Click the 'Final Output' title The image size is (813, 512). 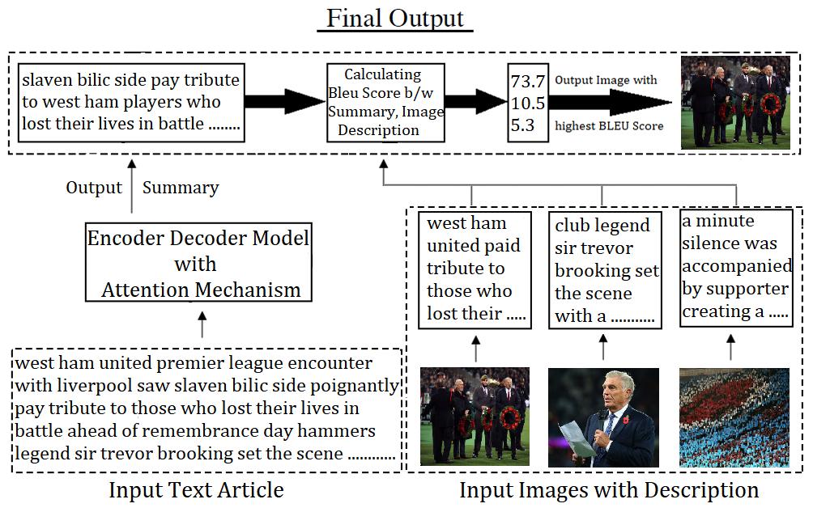click(x=395, y=18)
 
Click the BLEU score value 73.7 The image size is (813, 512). click(x=528, y=83)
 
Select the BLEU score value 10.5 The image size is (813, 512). click(x=528, y=104)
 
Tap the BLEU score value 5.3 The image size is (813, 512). click(x=522, y=125)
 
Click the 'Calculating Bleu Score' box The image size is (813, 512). click(x=385, y=102)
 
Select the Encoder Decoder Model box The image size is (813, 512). click(x=198, y=264)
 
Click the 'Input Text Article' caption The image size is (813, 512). click(x=196, y=490)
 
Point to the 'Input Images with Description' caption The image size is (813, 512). click(x=609, y=490)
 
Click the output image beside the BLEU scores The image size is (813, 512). click(x=735, y=103)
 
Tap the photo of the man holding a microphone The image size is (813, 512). click(x=603, y=417)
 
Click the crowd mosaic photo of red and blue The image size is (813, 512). click(x=734, y=417)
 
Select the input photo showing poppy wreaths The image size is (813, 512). click(x=475, y=417)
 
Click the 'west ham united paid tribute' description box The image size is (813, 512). click(x=475, y=269)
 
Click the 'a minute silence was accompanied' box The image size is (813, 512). click(x=735, y=267)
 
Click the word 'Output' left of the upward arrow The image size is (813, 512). click(x=94, y=188)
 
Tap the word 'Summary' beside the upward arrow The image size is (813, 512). click(x=181, y=188)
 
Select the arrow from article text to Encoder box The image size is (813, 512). click(x=202, y=328)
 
